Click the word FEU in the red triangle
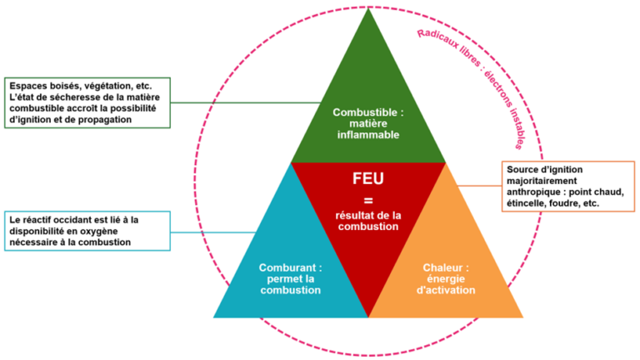(x=368, y=178)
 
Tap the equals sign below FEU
(x=368, y=200)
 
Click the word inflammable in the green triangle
(x=367, y=134)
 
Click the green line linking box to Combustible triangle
(x=250, y=103)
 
